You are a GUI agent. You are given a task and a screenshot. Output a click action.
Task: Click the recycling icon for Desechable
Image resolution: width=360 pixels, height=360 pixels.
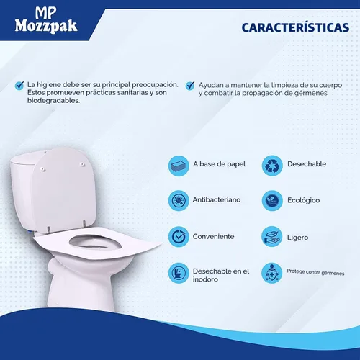tap(271, 165)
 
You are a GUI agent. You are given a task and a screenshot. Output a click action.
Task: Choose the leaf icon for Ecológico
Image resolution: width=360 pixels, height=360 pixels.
tap(271, 200)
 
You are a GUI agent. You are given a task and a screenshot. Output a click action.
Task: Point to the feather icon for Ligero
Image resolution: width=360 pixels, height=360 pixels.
tap(271, 236)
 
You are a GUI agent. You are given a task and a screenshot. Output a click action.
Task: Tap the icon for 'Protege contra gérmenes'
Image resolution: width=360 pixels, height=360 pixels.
tap(271, 274)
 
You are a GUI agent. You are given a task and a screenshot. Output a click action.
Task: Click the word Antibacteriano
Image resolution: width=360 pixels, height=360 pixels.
tap(217, 200)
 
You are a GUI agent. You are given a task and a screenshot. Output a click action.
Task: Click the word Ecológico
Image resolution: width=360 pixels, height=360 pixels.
tap(303, 200)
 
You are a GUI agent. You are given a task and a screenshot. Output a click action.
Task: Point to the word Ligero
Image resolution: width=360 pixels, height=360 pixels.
tap(297, 236)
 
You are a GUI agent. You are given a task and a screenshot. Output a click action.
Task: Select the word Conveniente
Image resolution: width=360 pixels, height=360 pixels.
tap(213, 236)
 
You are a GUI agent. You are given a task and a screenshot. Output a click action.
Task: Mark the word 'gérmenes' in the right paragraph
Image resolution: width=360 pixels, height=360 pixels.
tap(308, 94)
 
